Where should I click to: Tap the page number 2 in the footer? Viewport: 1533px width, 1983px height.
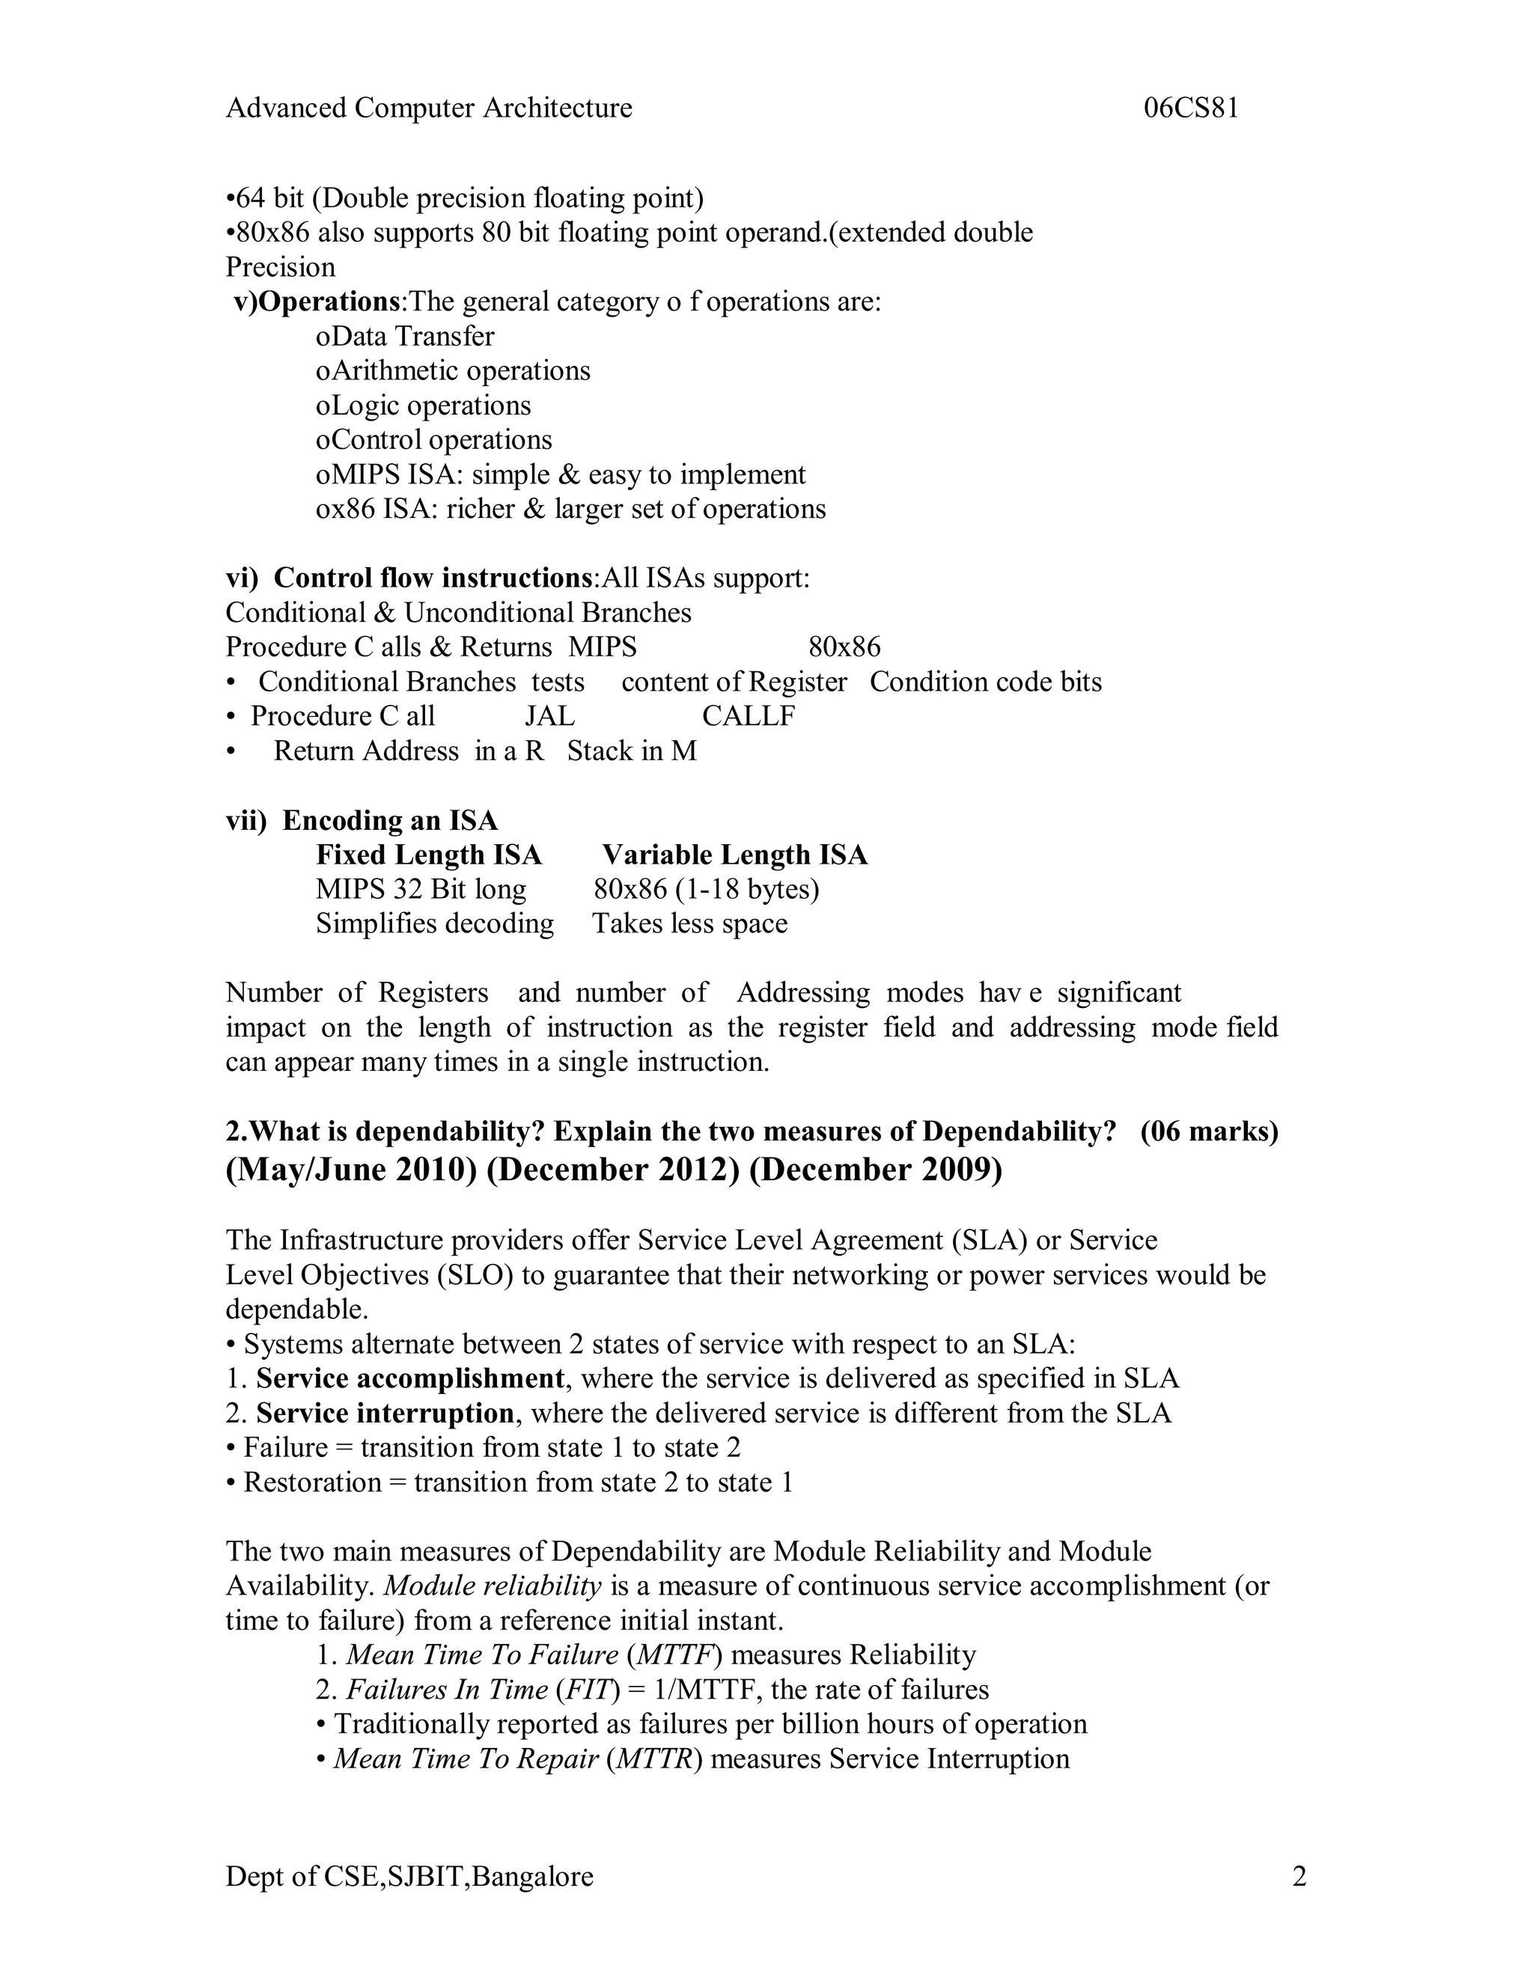click(x=1299, y=1876)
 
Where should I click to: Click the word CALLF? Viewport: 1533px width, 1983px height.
click(x=749, y=716)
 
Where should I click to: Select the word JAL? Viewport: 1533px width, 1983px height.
click(x=549, y=716)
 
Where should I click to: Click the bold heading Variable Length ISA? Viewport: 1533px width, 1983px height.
click(x=735, y=855)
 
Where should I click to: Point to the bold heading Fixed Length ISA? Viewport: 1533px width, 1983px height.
click(x=429, y=855)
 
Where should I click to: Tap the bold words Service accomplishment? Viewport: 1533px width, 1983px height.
click(x=409, y=1378)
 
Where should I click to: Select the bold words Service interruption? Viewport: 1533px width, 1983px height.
click(x=385, y=1413)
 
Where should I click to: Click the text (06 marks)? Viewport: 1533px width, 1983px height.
click(x=1209, y=1131)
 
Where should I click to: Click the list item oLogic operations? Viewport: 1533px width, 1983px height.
click(x=423, y=406)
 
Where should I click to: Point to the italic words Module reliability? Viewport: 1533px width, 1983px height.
click(x=493, y=1586)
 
